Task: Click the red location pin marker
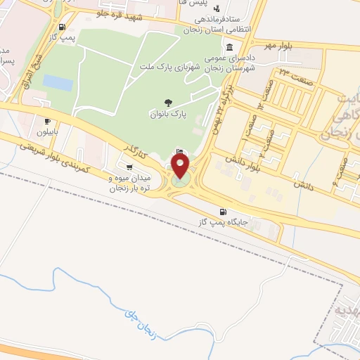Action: point(181,166)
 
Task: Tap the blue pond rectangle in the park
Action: point(58,83)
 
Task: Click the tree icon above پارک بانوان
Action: point(167,102)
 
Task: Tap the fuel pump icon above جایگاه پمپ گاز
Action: point(224,211)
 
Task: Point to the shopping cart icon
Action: point(129,166)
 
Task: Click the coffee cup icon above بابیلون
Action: point(47,121)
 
